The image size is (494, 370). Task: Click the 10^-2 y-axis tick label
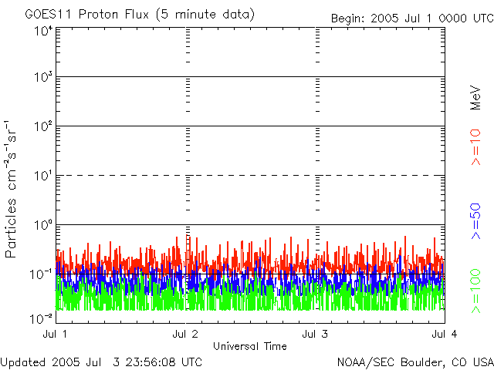point(42,317)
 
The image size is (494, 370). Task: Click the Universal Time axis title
point(249,346)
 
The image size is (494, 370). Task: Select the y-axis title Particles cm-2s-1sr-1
point(13,189)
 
